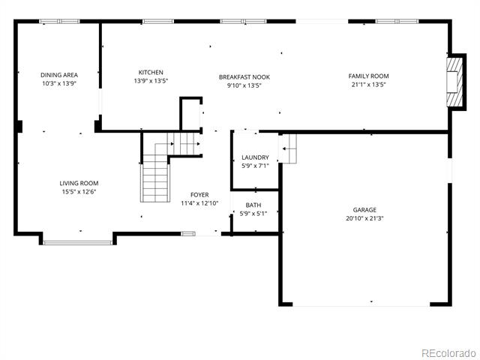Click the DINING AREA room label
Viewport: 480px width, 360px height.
click(59, 75)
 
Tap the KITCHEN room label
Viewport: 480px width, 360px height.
click(151, 73)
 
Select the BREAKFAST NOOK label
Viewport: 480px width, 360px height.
click(244, 77)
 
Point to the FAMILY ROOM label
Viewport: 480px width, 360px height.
click(368, 76)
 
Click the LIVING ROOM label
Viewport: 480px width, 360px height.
click(79, 183)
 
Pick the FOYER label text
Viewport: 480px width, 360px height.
click(199, 195)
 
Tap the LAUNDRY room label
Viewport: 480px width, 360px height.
click(255, 157)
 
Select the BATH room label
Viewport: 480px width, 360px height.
click(253, 205)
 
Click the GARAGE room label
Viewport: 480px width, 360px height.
click(364, 210)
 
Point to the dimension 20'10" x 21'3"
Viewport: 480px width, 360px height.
click(364, 218)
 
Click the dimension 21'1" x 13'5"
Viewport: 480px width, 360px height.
click(368, 85)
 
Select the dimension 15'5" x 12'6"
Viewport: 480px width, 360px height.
click(79, 192)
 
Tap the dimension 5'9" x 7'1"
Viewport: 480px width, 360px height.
click(255, 166)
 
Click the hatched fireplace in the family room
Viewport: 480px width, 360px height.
click(456, 82)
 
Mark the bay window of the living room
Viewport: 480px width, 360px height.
click(78, 243)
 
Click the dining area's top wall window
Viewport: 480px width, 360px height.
click(59, 22)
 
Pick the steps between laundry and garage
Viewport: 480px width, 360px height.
click(287, 148)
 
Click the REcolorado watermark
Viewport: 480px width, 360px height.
click(448, 353)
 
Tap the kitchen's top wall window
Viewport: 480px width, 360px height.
click(158, 22)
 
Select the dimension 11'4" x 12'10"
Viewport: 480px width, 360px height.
click(199, 203)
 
